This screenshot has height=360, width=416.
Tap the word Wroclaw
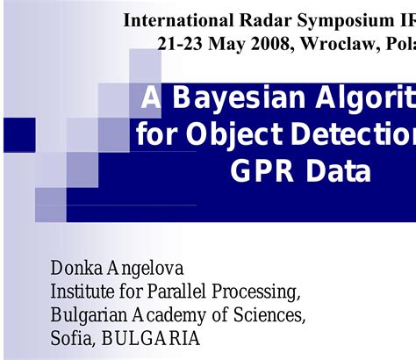tap(336, 43)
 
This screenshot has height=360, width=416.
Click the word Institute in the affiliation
tap(83, 291)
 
